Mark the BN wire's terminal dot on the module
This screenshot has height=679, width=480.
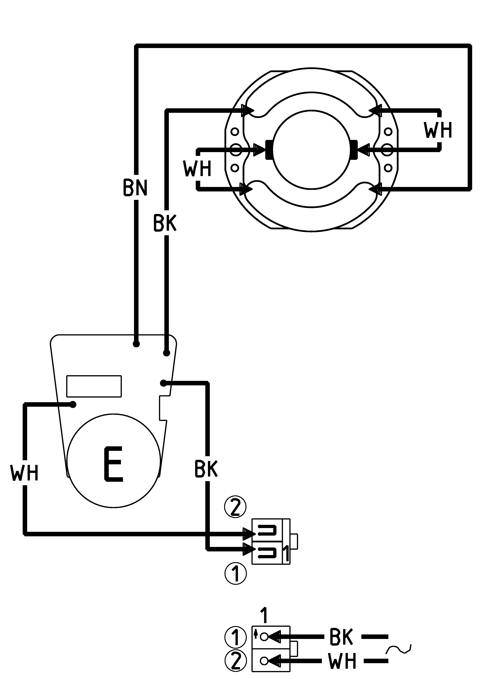pyautogui.click(x=136, y=344)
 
